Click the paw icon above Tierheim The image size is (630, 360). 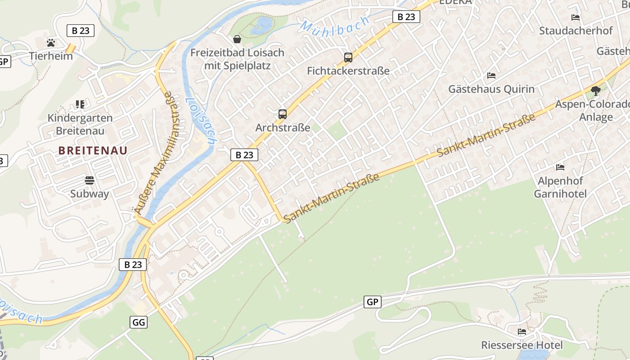[51, 43]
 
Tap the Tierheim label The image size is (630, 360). [51, 56]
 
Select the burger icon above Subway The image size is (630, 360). [90, 181]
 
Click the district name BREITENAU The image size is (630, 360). [93, 150]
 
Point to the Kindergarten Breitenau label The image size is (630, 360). [80, 124]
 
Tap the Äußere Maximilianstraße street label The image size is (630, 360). [154, 153]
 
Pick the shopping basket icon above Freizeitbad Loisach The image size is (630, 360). [237, 39]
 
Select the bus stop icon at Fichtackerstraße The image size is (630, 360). [348, 58]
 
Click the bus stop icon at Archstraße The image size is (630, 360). [283, 114]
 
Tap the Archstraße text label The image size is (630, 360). [283, 127]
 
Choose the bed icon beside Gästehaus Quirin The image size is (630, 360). [491, 76]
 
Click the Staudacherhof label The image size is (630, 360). [576, 31]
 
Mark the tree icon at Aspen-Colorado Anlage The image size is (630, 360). [596, 91]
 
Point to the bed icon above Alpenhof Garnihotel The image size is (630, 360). [560, 167]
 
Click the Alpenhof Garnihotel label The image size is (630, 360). [560, 187]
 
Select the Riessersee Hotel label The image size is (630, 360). [522, 345]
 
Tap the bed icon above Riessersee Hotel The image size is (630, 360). [522, 332]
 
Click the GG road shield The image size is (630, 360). [139, 322]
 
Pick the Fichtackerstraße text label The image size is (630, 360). [348, 71]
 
